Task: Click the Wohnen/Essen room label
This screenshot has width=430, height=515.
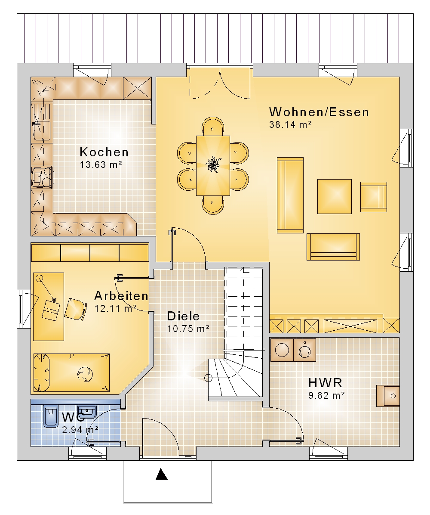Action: [x=319, y=112]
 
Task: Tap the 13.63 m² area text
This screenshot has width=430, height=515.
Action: [x=101, y=164]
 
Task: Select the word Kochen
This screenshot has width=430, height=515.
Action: [x=104, y=152]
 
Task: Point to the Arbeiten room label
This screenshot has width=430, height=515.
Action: [x=121, y=296]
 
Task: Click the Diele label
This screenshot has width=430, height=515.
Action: [x=183, y=316]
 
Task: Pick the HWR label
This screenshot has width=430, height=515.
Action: [x=326, y=383]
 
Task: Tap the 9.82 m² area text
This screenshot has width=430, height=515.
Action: [x=326, y=395]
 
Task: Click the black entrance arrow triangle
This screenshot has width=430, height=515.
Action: [x=161, y=474]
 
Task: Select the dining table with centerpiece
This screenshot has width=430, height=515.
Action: [x=213, y=165]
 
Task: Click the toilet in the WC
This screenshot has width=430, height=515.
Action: [x=50, y=416]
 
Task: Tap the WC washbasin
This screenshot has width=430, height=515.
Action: [x=87, y=411]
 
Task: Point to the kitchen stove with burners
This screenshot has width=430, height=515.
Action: [x=42, y=177]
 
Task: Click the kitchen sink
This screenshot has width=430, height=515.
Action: [x=42, y=131]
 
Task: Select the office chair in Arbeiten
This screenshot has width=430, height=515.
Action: [x=75, y=310]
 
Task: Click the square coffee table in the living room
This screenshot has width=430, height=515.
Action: [x=334, y=196]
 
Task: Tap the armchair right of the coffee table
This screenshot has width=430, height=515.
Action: [x=374, y=197]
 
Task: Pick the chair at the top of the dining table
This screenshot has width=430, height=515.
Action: [x=213, y=126]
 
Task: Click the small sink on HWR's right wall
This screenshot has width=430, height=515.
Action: [x=388, y=396]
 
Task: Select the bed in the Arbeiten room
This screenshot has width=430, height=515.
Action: [x=71, y=372]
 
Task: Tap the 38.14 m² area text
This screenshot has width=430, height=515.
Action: [x=290, y=125]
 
